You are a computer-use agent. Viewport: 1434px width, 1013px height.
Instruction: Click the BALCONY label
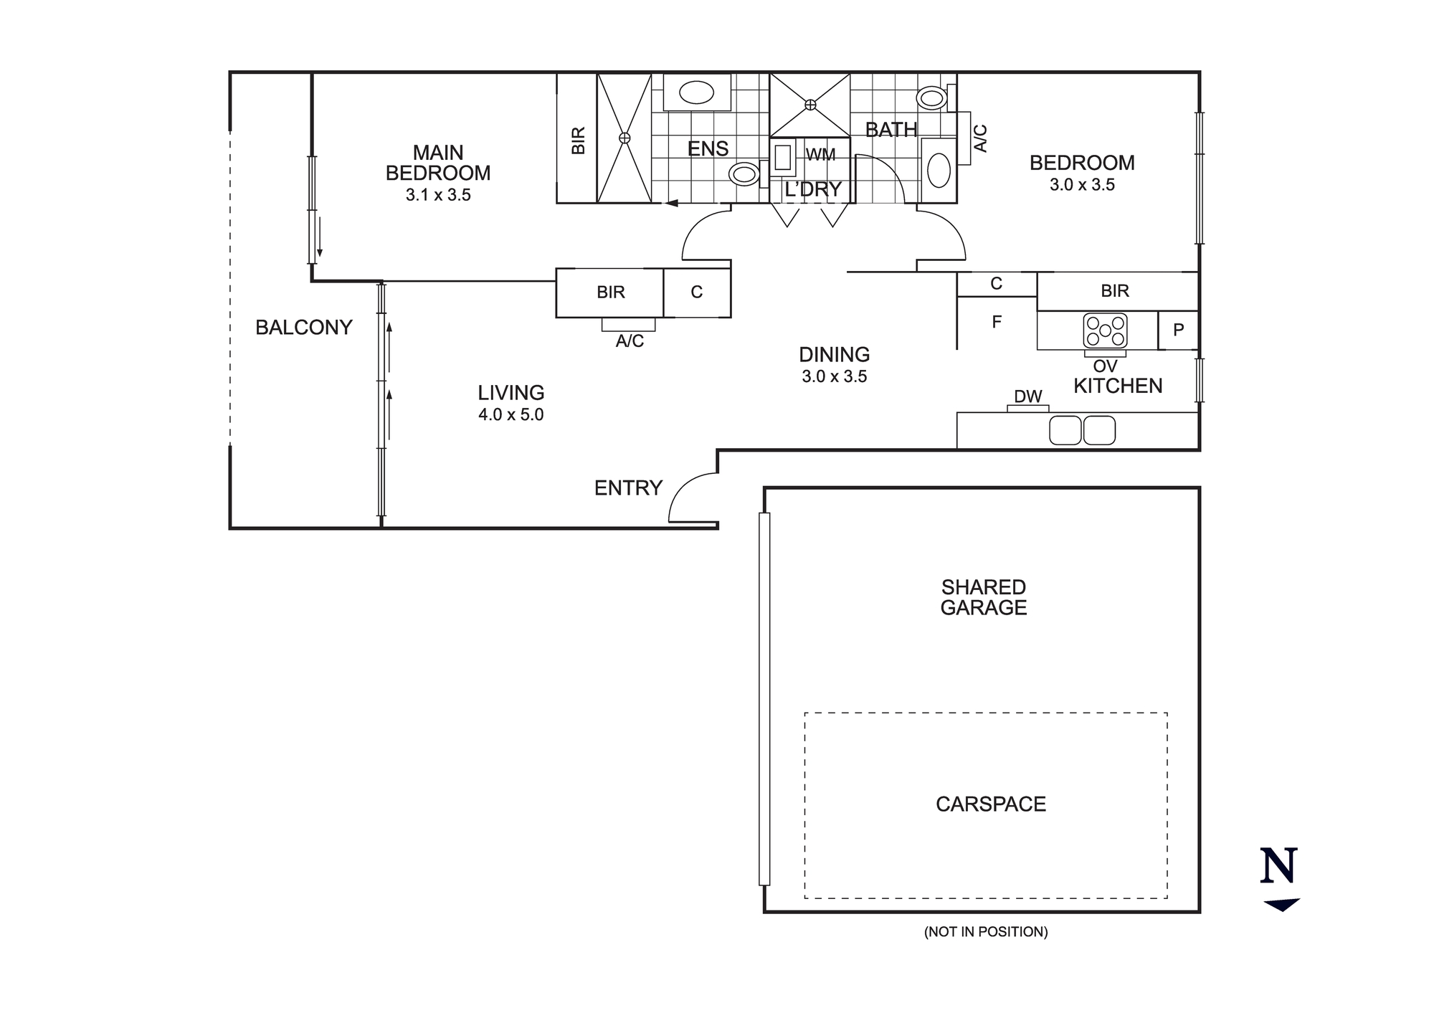(x=303, y=328)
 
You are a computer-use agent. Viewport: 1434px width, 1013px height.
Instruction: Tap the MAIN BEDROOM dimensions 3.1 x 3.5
(x=438, y=195)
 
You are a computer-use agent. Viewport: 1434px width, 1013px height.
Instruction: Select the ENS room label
(x=708, y=148)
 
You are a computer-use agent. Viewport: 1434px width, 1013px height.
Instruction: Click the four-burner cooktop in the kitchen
(x=1105, y=330)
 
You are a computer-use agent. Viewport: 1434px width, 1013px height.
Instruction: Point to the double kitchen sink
(x=1082, y=430)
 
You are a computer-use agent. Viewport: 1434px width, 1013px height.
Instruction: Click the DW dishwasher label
(x=1027, y=396)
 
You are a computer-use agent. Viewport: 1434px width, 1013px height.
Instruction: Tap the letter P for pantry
(x=1178, y=330)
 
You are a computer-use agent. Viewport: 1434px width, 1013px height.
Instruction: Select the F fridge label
(x=996, y=323)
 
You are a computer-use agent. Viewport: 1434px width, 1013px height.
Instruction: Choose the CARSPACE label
(x=990, y=804)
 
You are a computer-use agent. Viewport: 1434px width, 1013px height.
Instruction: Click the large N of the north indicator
(x=1278, y=865)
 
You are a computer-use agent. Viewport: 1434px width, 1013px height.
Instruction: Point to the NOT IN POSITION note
(x=985, y=932)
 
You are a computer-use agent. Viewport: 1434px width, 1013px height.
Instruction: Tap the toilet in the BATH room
(x=933, y=98)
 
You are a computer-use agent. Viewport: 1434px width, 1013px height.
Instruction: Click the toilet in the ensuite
(x=745, y=174)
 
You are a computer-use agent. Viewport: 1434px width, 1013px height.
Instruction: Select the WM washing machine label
(x=820, y=155)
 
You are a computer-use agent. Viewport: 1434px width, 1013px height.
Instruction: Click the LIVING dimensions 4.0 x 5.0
(x=511, y=415)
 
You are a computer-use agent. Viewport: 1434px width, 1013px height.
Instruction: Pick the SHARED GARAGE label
(x=983, y=597)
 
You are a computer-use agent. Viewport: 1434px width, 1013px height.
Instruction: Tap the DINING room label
(x=834, y=354)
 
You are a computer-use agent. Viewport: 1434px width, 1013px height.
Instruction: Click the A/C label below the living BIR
(x=630, y=341)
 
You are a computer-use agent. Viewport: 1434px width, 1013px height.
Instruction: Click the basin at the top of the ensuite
(x=695, y=92)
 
